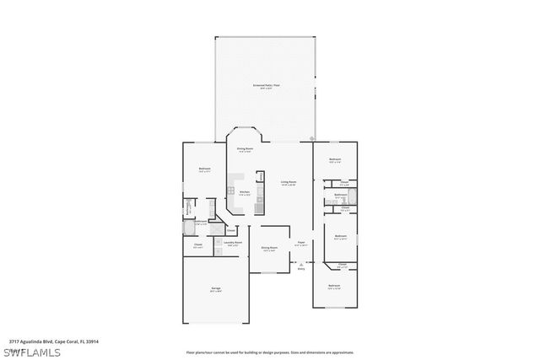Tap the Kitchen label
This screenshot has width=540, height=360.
(244, 192)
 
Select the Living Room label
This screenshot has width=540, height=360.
(289, 182)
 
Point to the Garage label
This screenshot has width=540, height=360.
(216, 289)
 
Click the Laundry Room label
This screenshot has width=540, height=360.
(233, 242)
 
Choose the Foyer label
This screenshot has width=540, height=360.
(300, 243)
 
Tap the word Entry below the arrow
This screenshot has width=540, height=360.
(301, 270)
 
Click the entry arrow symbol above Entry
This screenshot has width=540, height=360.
(301, 263)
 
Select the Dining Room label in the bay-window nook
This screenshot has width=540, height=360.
(245, 150)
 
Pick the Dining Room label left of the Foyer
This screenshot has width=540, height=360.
(269, 248)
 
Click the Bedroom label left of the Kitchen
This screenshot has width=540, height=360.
(204, 169)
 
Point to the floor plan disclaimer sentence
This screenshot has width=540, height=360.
(269, 352)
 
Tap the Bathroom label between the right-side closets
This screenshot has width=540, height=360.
(340, 196)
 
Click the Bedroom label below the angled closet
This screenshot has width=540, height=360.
(334, 286)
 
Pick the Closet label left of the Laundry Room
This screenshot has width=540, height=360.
(197, 245)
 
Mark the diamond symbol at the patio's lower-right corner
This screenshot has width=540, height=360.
(313, 138)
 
